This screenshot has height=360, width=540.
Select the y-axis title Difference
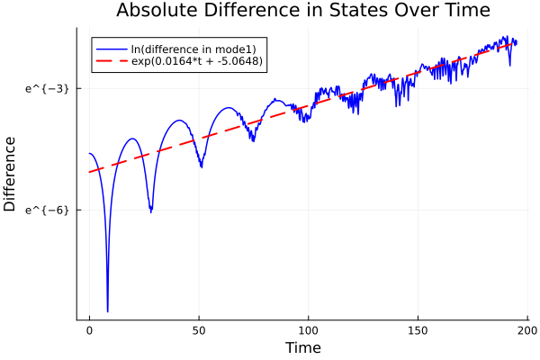coord(11,174)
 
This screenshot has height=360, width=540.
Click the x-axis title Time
coord(302,347)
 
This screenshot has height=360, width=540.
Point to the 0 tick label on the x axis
coord(89,330)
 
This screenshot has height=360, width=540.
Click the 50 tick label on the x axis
coord(199,330)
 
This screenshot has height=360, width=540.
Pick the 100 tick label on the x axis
coord(309,330)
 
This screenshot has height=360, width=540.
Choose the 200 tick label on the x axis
coord(527,330)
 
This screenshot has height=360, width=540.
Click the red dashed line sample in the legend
coord(112,61)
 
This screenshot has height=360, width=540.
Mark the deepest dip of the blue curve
coord(107,310)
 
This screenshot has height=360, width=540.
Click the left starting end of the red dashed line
coord(89,172)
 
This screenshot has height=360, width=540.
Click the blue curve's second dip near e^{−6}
coord(151,211)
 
